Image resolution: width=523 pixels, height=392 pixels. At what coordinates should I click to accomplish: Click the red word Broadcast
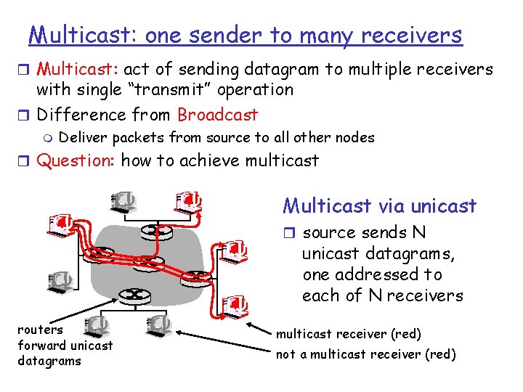(217, 115)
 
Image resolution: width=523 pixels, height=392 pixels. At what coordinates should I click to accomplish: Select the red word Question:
(76, 160)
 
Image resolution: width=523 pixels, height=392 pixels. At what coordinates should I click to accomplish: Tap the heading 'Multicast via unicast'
(379, 206)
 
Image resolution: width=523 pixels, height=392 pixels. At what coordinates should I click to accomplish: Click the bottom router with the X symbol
(134, 295)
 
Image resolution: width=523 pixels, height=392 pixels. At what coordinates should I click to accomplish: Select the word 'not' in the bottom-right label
(285, 354)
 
